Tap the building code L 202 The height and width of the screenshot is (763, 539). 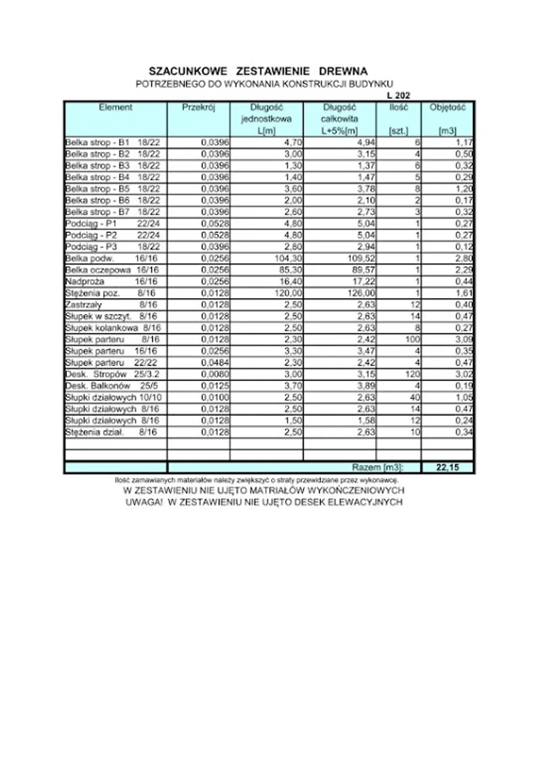point(398,96)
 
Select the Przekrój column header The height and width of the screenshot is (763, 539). point(198,107)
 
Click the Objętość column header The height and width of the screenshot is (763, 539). point(447,107)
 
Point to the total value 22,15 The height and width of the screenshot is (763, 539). point(447,467)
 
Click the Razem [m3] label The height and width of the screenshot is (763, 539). point(377,467)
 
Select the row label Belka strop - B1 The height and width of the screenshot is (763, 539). point(97,142)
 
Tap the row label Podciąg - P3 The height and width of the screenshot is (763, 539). point(91,247)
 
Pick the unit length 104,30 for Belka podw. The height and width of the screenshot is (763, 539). point(288,258)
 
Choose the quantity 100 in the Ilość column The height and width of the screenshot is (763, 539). point(412,339)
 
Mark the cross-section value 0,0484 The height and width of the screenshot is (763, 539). point(215,363)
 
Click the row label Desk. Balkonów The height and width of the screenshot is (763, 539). point(98,386)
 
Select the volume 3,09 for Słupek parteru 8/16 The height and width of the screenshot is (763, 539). point(464,339)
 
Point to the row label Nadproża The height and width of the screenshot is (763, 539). point(85,282)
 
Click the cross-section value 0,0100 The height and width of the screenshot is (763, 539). point(215,398)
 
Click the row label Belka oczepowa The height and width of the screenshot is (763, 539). point(98,270)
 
